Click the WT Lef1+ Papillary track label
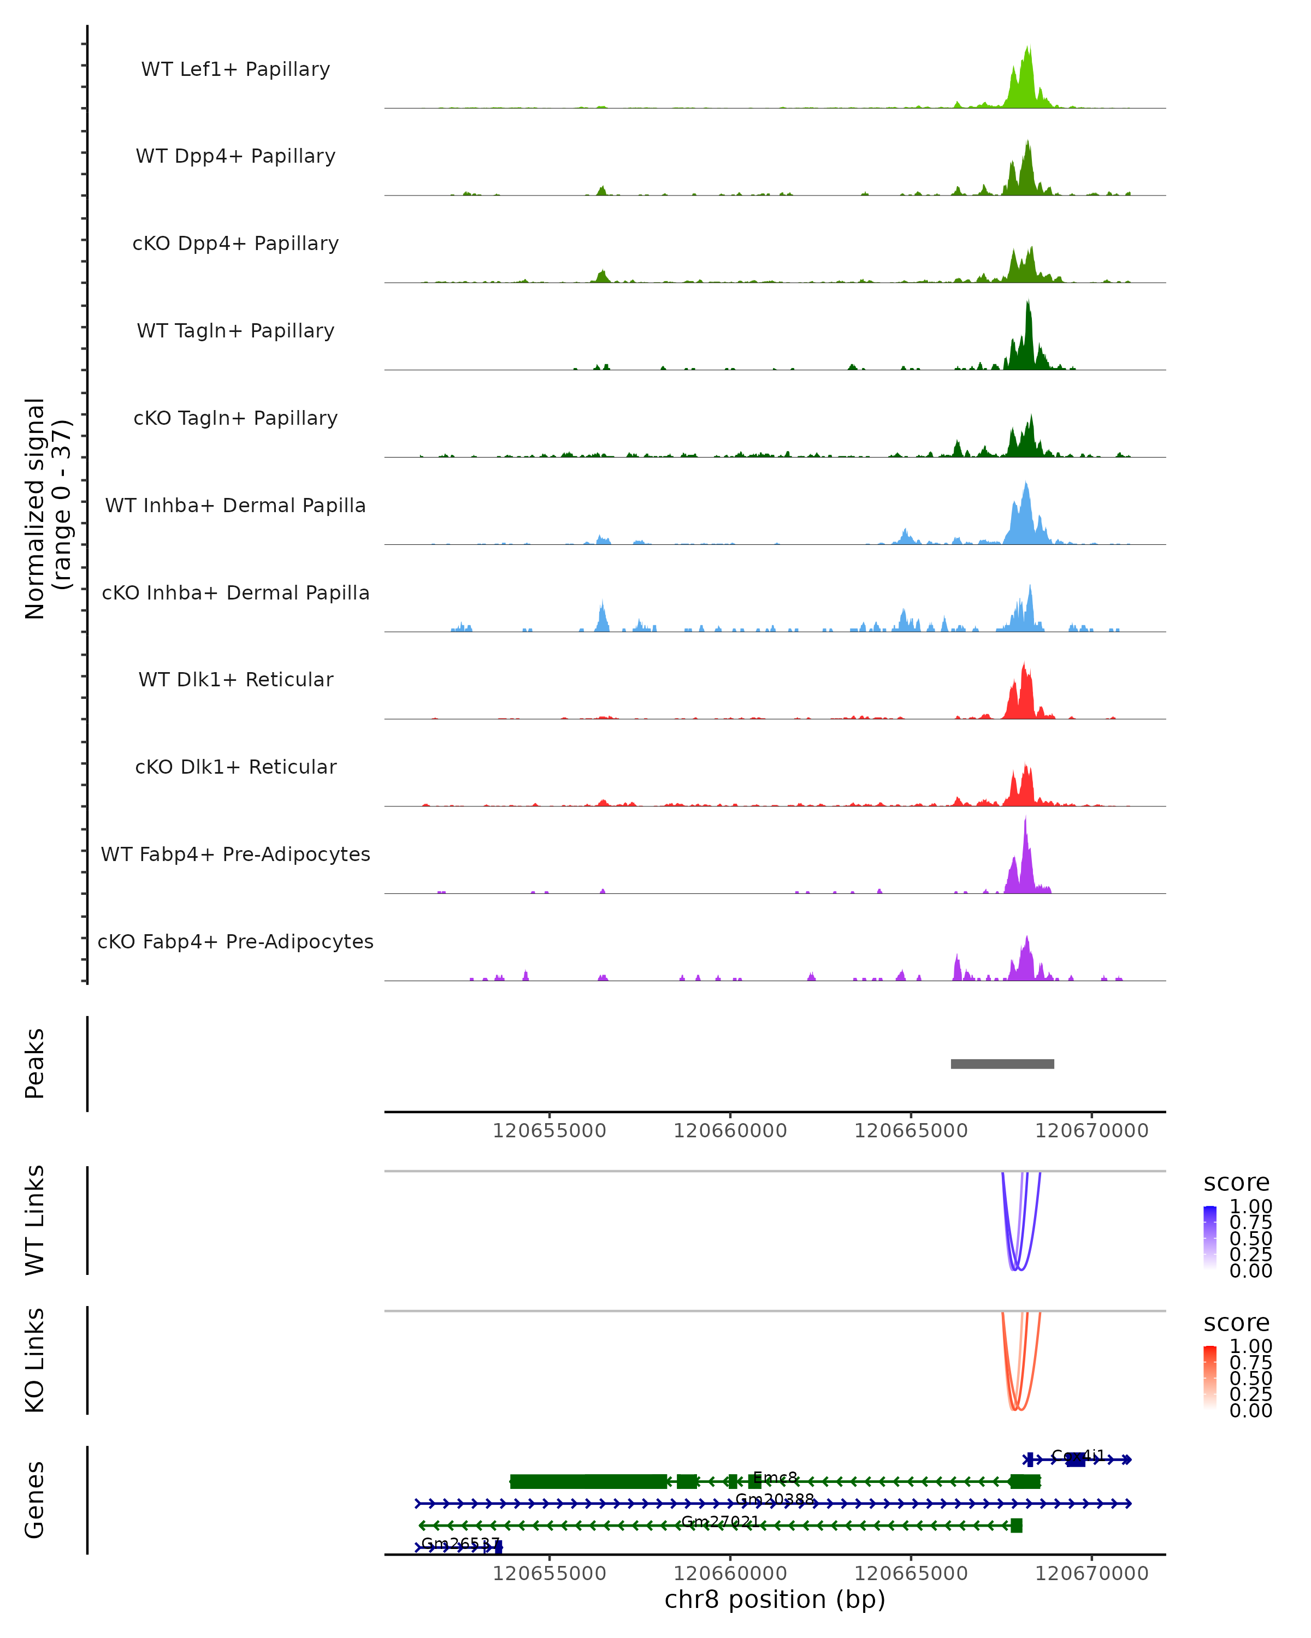coord(235,69)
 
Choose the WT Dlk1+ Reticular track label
coord(235,679)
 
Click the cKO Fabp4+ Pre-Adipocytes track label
coord(235,941)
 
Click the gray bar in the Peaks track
coord(1002,1064)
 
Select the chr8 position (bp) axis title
coord(775,1599)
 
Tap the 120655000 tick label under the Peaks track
coord(549,1131)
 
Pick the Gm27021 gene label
coord(720,1521)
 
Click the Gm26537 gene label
coord(460,1543)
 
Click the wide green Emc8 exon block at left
coord(588,1481)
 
